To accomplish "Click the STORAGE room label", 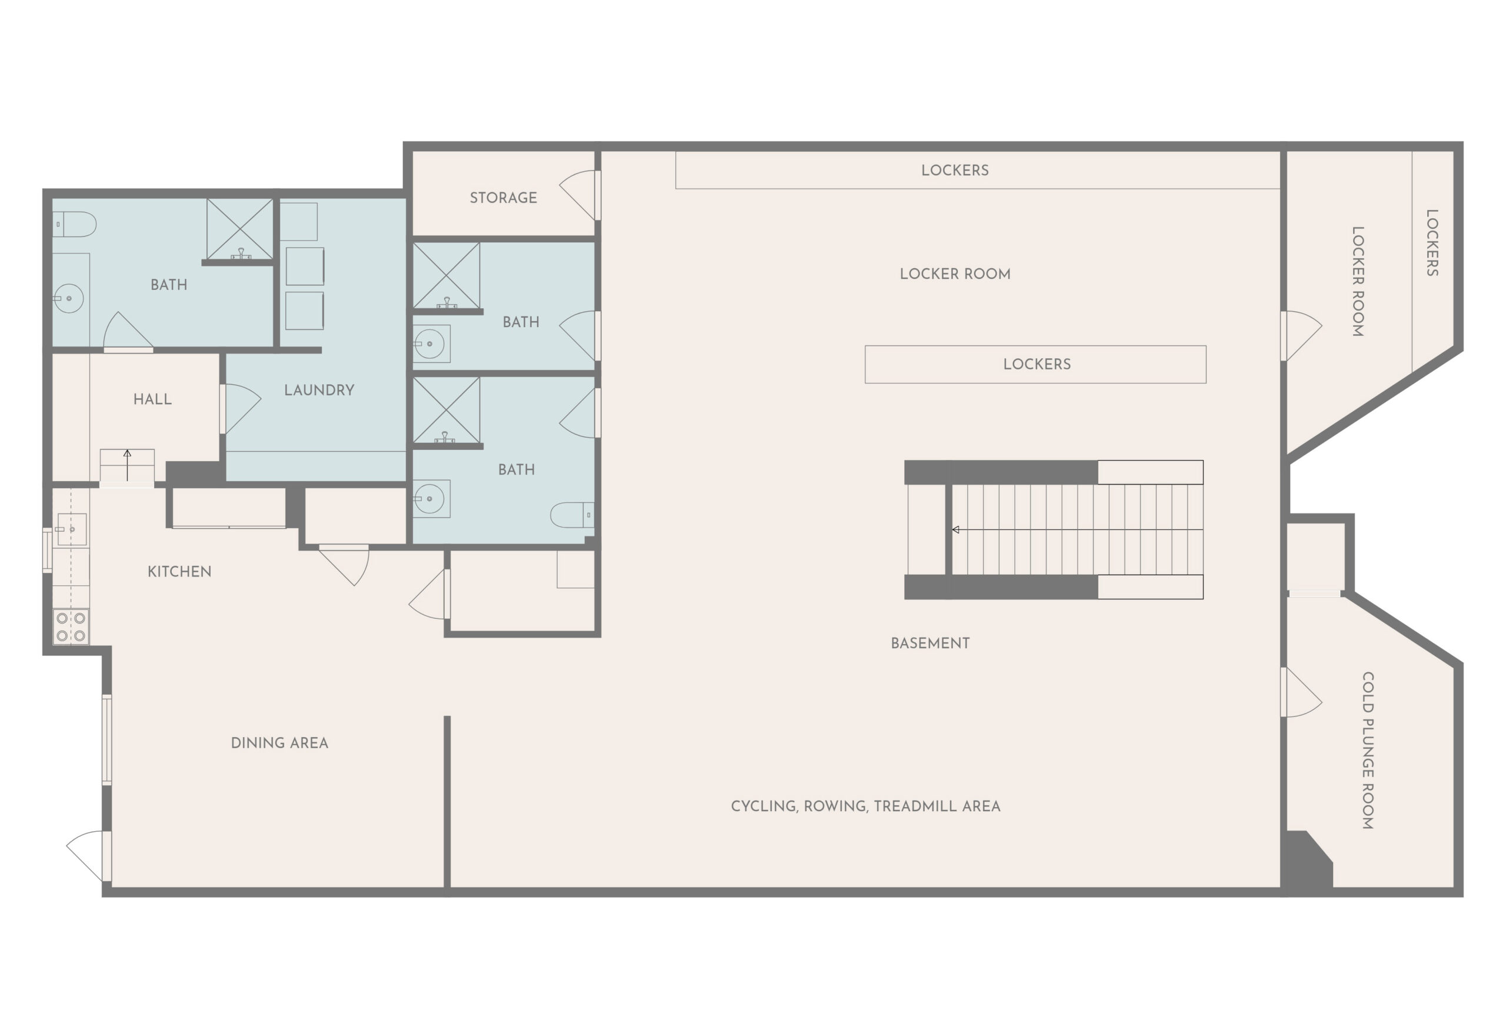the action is point(503,198).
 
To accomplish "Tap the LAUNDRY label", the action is point(319,390).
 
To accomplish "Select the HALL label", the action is point(152,399).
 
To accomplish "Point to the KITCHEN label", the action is point(179,572).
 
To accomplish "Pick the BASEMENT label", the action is point(930,643).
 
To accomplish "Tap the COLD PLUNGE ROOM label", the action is point(1367,751).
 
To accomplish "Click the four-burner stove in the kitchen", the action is point(71,626).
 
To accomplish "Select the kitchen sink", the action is point(71,529).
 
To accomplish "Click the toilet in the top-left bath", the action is point(74,224).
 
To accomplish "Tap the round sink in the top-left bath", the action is point(68,299).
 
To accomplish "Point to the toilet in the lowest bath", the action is point(572,515).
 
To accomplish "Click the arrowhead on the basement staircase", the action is point(955,530).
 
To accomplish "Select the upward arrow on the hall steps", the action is point(128,465).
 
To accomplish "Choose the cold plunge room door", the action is point(1301,692).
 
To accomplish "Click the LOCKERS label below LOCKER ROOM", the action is point(1037,364).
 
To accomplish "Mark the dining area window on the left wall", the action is point(107,740).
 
